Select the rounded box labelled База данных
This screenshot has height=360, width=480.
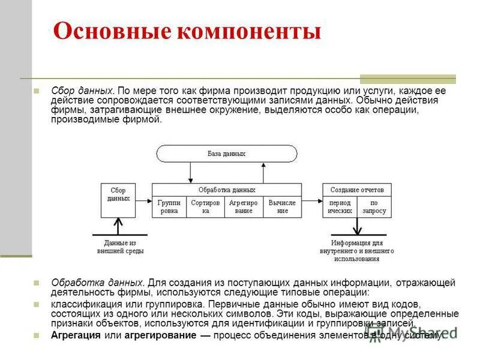(227, 154)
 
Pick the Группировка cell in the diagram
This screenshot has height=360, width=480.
(169, 207)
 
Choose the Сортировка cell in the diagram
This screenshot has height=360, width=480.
(206, 207)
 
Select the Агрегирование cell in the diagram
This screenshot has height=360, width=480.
(244, 207)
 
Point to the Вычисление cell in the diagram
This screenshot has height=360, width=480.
(283, 207)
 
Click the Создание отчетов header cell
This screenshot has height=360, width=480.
(357, 190)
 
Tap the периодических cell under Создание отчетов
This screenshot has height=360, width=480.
(340, 207)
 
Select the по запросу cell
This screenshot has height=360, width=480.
(374, 207)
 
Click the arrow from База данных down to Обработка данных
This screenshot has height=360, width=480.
(190, 172)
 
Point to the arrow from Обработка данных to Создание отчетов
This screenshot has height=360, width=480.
(312, 200)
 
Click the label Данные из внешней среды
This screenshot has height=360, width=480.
(120, 247)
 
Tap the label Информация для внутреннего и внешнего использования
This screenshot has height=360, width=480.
(357, 251)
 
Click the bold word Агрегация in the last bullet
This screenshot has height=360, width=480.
(74, 335)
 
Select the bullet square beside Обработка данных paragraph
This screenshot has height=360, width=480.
(37, 282)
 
